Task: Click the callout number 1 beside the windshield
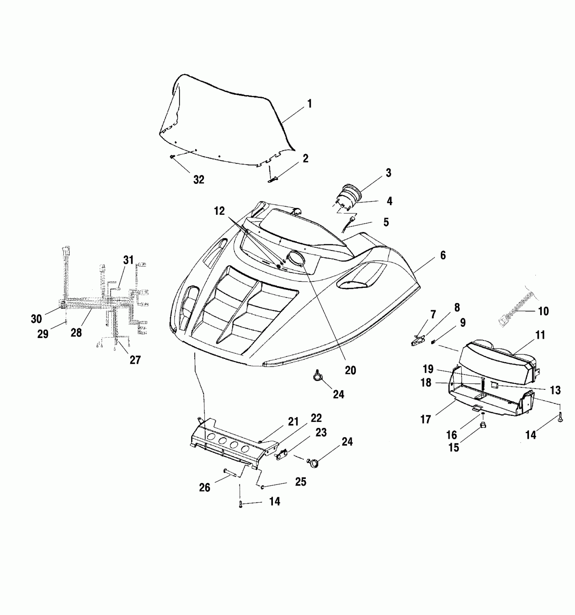click(309, 104)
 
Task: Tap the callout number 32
click(199, 180)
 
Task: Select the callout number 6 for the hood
click(443, 255)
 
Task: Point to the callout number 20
click(350, 370)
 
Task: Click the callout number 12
click(219, 211)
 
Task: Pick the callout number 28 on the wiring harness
click(76, 333)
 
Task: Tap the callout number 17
click(426, 420)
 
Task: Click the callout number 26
click(205, 488)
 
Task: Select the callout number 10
click(543, 311)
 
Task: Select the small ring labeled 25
click(262, 487)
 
